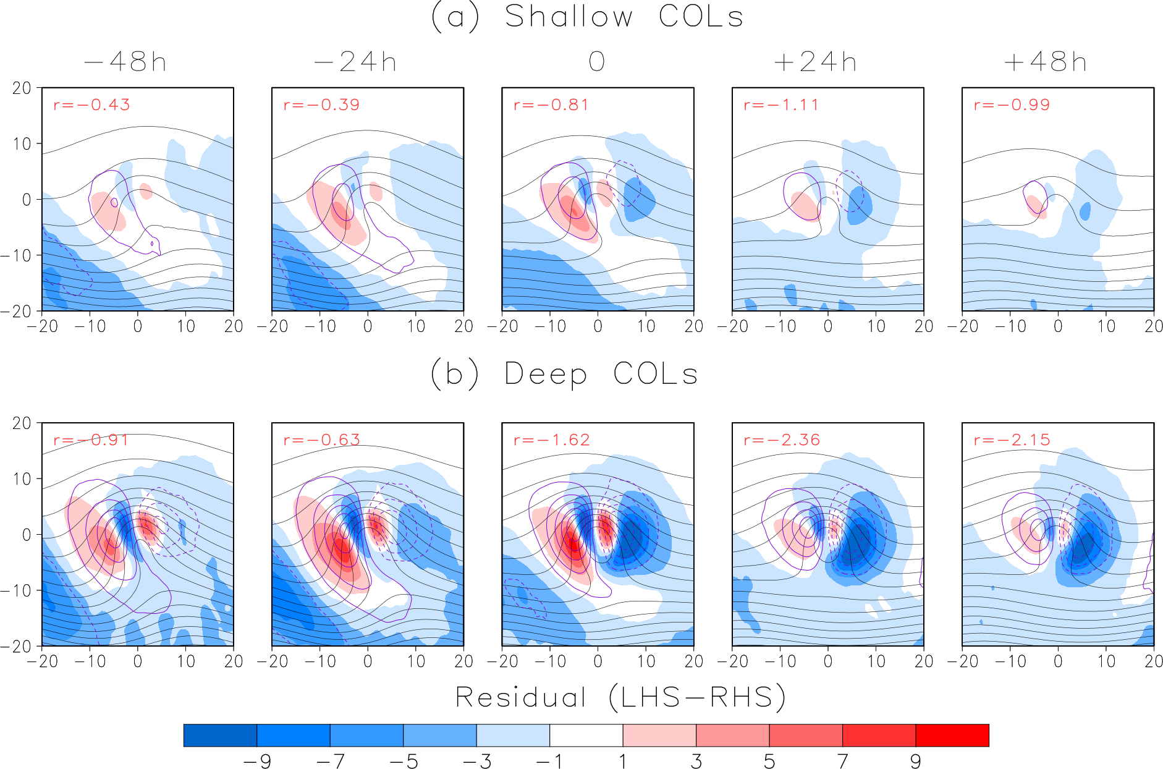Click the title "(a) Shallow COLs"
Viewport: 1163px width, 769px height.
[x=587, y=17]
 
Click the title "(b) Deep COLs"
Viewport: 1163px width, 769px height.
[x=564, y=374]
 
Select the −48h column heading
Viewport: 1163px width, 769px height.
[x=125, y=62]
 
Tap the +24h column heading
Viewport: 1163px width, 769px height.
[x=815, y=62]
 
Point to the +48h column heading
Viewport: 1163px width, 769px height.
[x=1045, y=62]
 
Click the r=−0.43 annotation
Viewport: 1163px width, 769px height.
[x=91, y=104]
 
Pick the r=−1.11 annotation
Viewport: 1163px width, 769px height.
[x=781, y=104]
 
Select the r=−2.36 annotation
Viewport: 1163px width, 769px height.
[x=782, y=440]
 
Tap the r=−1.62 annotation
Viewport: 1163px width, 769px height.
[x=551, y=440]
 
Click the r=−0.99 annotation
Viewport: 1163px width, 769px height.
[x=1012, y=104]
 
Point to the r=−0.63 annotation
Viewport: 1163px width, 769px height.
[x=321, y=440]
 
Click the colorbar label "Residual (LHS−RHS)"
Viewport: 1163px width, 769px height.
[x=620, y=697]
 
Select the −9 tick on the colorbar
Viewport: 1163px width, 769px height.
[x=257, y=762]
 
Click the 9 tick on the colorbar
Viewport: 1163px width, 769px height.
[x=915, y=762]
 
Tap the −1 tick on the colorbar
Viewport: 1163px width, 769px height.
[x=550, y=762]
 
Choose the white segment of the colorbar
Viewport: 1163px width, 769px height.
[x=586, y=735]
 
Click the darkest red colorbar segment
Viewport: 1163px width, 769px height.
[x=952, y=735]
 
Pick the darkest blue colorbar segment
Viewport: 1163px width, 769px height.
[x=220, y=735]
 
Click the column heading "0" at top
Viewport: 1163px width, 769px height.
[x=596, y=62]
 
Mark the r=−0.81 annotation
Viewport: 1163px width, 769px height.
[x=551, y=104]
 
